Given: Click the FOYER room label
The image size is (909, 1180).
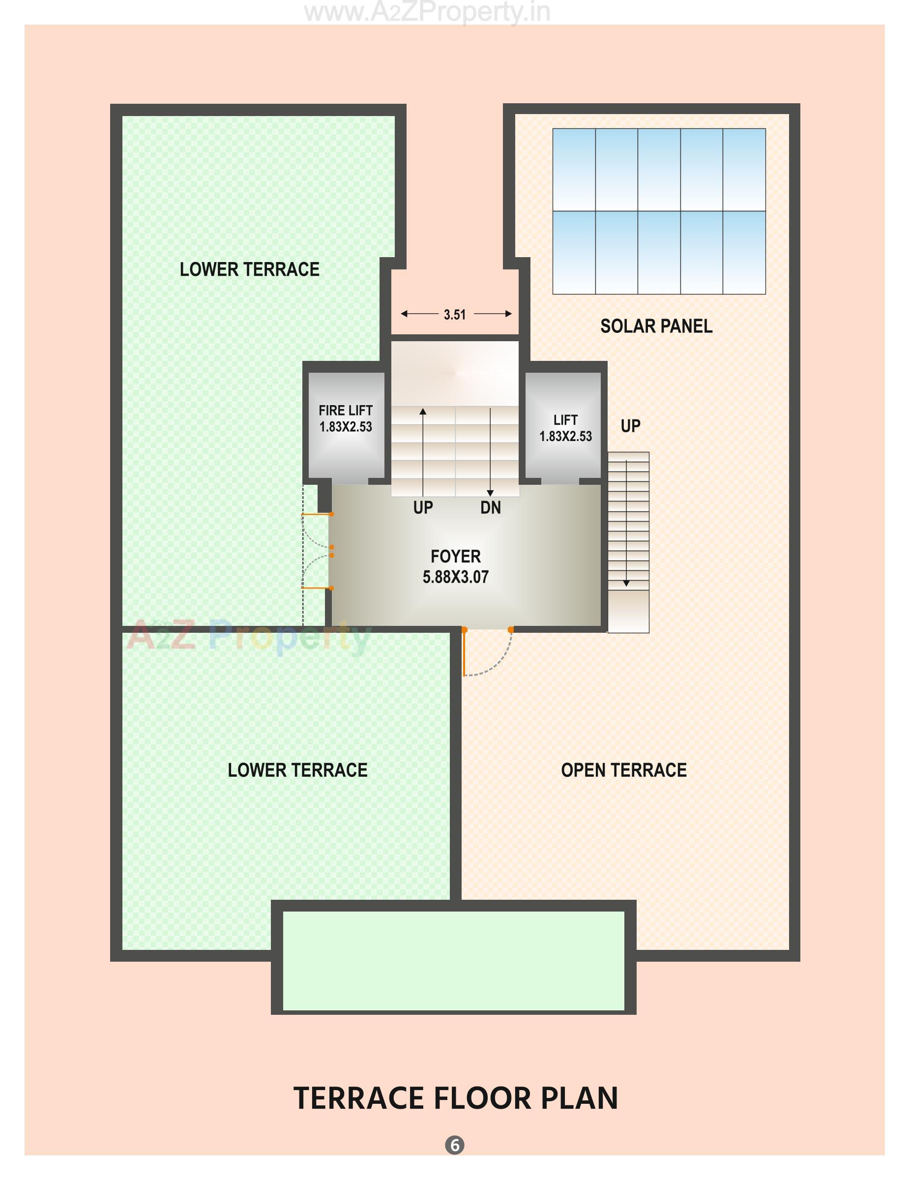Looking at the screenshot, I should [x=455, y=556].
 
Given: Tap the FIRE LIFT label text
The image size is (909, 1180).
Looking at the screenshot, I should [x=345, y=410].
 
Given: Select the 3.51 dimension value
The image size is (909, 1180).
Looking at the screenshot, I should [x=454, y=315].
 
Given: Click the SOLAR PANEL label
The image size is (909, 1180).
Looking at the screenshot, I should [x=656, y=326].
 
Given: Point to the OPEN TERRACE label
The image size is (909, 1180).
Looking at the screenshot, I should [x=623, y=770].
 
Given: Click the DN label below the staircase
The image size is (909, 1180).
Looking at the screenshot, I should [x=491, y=508].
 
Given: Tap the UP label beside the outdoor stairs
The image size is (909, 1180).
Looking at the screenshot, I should [x=630, y=426].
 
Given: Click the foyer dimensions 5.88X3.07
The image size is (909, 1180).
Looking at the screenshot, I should [x=455, y=577].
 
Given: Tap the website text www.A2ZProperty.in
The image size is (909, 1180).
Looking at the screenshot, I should [x=427, y=12].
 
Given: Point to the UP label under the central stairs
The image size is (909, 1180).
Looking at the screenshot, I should [x=423, y=508].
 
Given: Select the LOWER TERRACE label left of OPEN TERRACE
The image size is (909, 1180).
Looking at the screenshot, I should [x=297, y=770].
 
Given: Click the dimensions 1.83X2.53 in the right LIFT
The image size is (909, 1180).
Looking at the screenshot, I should [x=565, y=436].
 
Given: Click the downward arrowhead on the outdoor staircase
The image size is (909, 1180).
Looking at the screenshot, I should [x=626, y=583].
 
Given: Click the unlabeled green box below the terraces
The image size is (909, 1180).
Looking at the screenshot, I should [x=454, y=961].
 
